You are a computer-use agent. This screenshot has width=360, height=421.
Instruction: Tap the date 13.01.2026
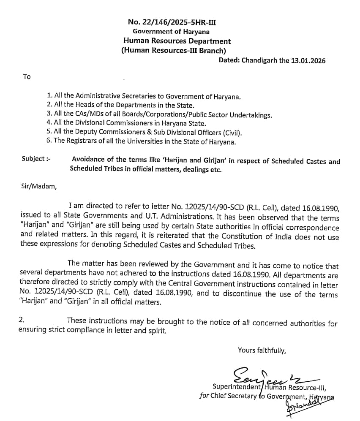point(308,60)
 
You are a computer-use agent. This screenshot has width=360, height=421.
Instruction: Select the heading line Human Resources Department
point(177,41)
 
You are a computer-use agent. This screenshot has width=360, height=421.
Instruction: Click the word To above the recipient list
point(27,76)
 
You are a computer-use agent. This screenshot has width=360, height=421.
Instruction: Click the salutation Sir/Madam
point(38,186)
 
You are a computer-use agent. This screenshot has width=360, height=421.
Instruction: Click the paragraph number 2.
point(22,321)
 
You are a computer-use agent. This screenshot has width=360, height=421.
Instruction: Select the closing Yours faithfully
point(262,350)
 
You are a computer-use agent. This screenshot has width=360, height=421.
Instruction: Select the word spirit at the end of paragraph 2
point(156,331)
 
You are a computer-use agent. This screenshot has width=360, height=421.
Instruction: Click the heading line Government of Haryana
point(171,31)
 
